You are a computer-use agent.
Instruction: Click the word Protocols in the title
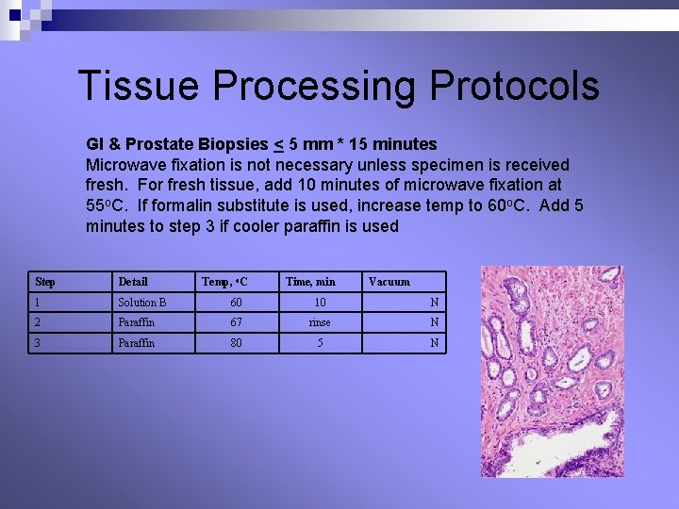514,86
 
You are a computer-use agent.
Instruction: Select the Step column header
44,282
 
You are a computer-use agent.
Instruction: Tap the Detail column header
133,282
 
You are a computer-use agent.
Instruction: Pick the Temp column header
224,282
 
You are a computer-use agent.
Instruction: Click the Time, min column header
310,282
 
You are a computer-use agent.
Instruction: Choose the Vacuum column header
389,282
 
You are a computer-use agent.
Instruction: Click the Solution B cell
142,303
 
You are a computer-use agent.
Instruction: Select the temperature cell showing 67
236,322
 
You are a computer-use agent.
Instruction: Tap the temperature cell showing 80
236,343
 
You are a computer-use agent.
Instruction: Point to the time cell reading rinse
320,322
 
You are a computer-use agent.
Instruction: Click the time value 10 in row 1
320,303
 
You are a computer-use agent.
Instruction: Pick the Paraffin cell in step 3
137,343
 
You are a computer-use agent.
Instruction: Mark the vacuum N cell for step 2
434,322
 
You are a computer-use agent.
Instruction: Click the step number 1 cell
39,303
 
